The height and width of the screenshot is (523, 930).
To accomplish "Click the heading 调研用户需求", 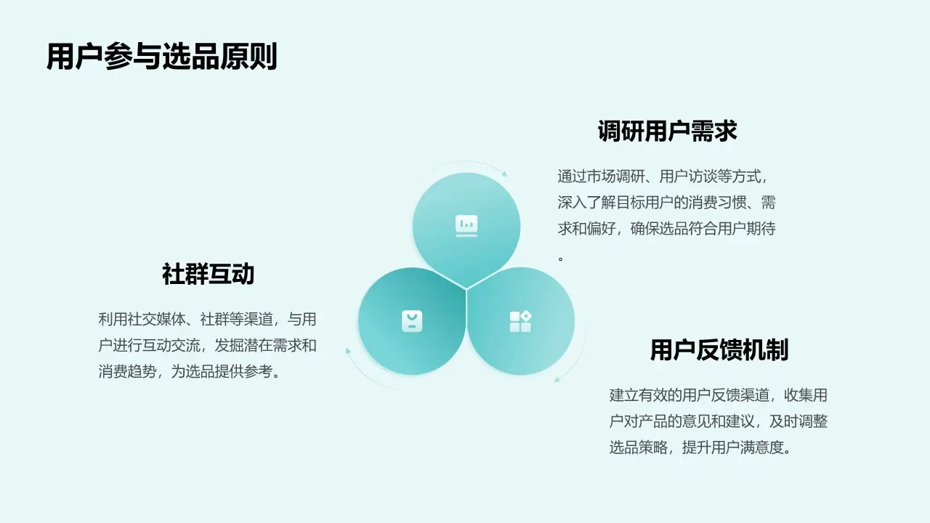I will coord(667,131).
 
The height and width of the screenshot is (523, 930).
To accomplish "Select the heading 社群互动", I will coord(208,275).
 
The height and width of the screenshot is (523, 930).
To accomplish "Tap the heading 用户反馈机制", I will coord(719,350).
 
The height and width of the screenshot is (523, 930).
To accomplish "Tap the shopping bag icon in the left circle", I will coord(412,321).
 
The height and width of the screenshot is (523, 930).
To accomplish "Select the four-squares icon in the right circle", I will coord(520,321).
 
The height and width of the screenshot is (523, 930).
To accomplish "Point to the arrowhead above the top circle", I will coord(504,174).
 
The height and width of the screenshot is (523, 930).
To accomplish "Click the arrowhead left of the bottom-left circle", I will coord(349,352).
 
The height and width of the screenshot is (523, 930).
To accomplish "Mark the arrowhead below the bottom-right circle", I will coord(557,378).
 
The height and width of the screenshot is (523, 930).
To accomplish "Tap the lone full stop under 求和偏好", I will coord(561,258).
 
